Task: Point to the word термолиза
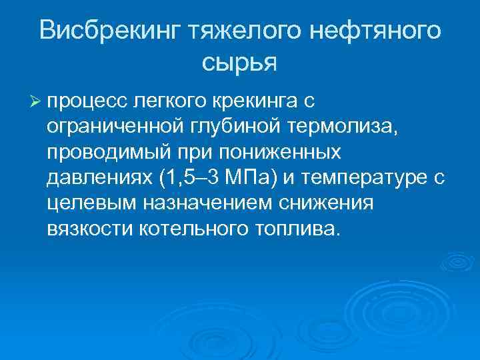(333, 127)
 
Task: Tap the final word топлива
(299, 229)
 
